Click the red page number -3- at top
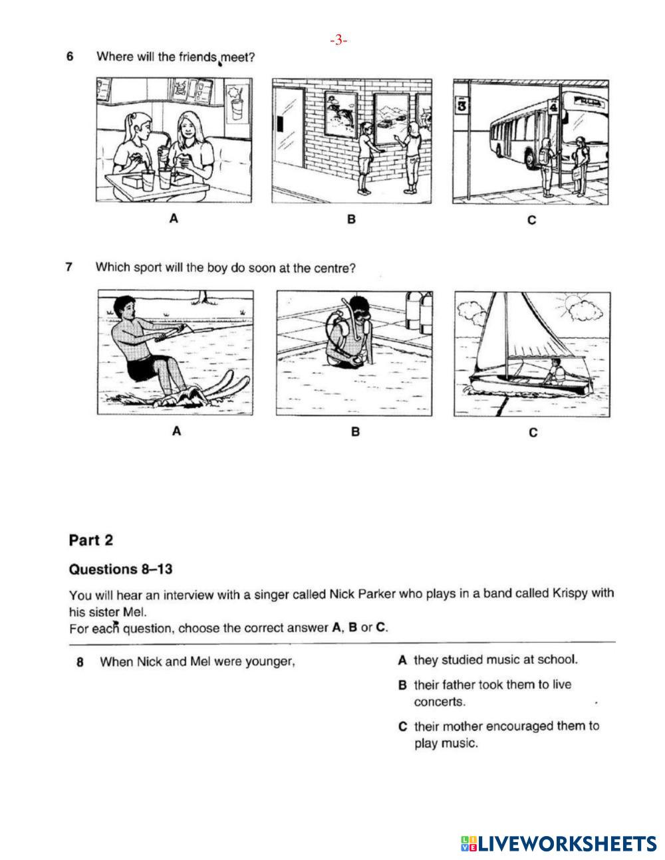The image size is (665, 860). coord(338,41)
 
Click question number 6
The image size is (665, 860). coord(70,56)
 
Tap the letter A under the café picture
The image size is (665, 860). coord(174,218)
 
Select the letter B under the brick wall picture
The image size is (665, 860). coord(351,219)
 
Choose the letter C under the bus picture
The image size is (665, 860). coord(531,220)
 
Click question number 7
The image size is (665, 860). coord(69,267)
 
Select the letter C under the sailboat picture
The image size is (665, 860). coord(533,433)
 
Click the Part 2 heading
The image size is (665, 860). coord(91,540)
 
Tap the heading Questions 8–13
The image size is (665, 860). coord(120,569)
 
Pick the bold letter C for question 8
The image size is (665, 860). coord(402,726)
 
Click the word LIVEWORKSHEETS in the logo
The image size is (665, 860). coord(567,844)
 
